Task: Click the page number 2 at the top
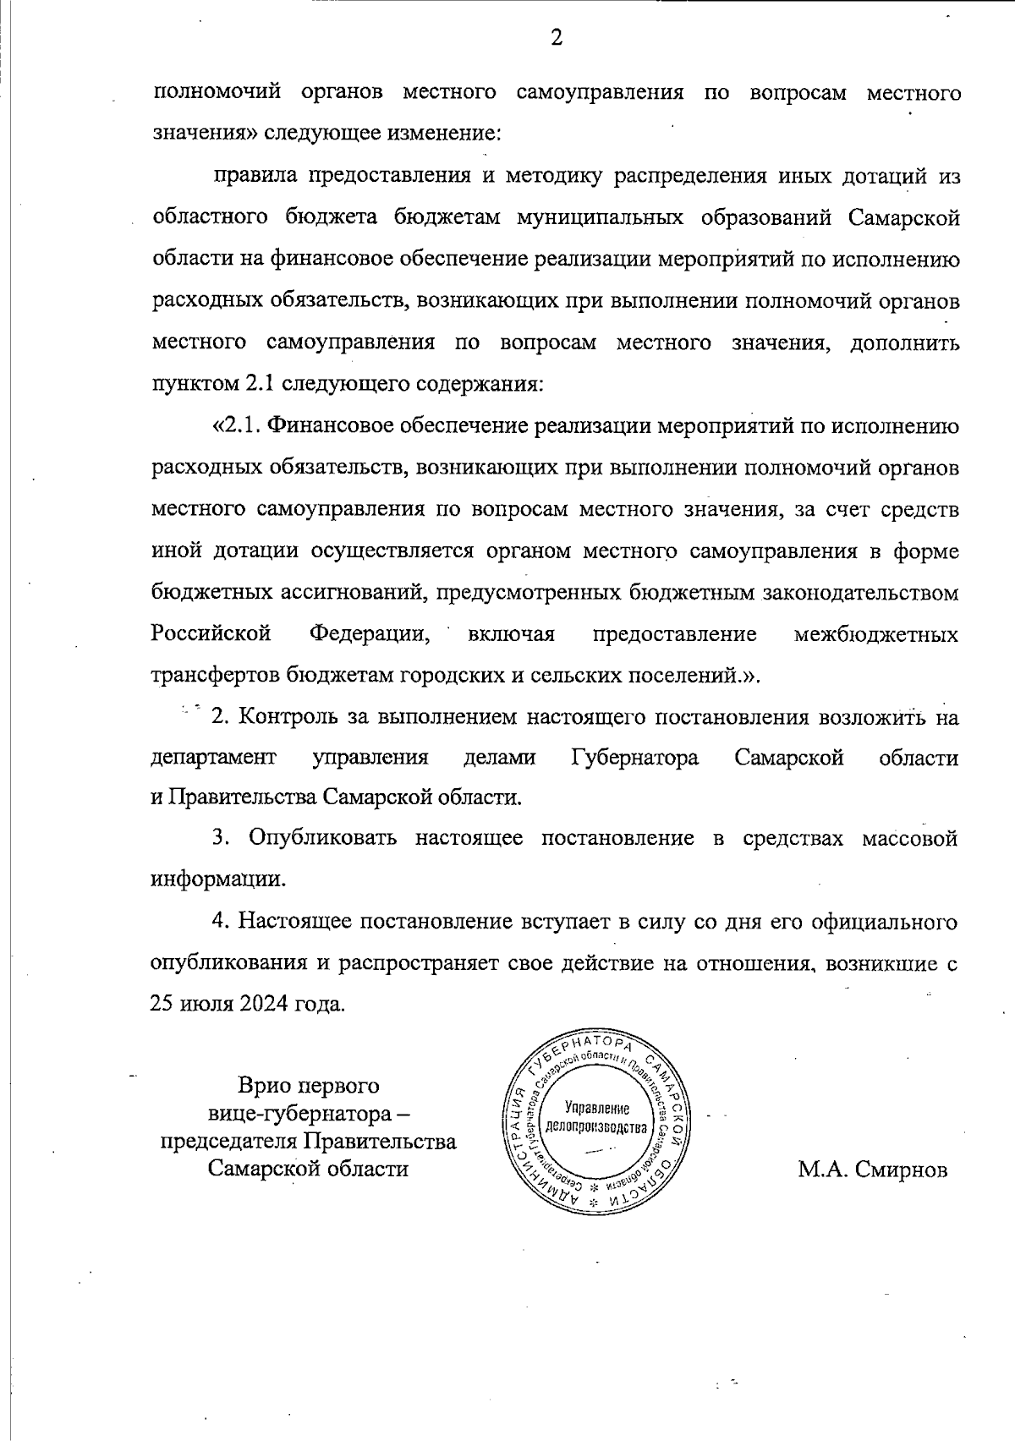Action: (556, 37)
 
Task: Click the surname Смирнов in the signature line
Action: (901, 1170)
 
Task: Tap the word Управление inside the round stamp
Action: (597, 1108)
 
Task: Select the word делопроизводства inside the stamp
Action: (597, 1128)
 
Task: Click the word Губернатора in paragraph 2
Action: (635, 757)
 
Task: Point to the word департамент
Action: (213, 757)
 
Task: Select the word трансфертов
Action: (216, 676)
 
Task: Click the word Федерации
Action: (370, 633)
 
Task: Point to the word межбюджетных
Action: (876, 633)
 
